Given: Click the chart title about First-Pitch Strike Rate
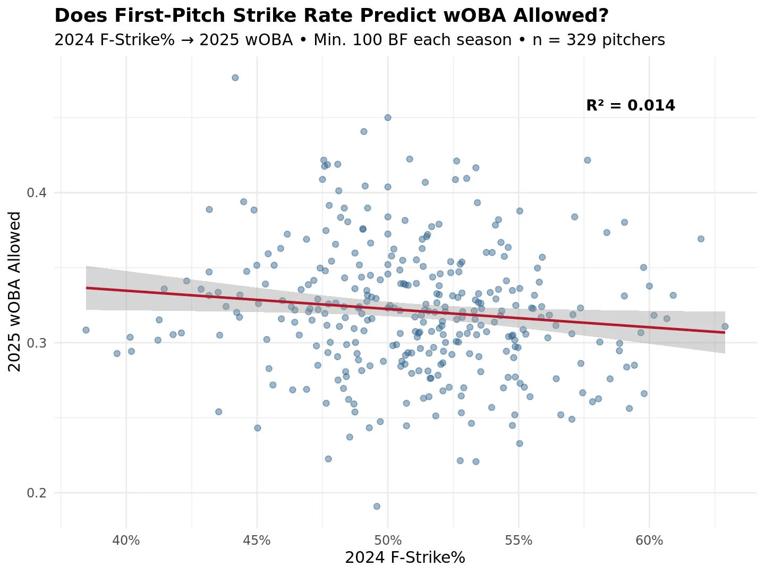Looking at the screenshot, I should tap(331, 16).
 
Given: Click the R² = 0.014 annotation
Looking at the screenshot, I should tap(631, 106).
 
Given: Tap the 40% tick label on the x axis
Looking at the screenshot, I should tap(126, 541).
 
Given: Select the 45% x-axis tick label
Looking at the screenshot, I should tap(257, 541).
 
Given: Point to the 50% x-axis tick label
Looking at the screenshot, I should tap(388, 541).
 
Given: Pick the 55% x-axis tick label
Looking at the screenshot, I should tap(518, 541).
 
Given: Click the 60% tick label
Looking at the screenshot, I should tap(649, 541).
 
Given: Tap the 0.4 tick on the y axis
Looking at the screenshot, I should tap(37, 192).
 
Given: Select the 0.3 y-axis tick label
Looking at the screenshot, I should tap(37, 343).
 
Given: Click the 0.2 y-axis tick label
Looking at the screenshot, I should tap(37, 493).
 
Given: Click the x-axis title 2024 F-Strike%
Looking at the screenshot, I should tap(405, 558).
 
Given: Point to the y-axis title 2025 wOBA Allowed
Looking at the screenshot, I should tap(15, 291).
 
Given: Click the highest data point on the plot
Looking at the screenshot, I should tap(235, 78).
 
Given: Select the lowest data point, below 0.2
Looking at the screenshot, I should tap(377, 507).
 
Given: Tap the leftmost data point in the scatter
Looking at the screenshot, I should tap(86, 330).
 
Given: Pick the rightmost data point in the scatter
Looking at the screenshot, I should tap(725, 326).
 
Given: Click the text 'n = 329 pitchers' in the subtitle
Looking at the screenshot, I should tap(599, 40).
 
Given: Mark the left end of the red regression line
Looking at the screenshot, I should tap(87, 288).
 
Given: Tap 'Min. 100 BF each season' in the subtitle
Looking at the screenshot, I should tap(413, 40).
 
